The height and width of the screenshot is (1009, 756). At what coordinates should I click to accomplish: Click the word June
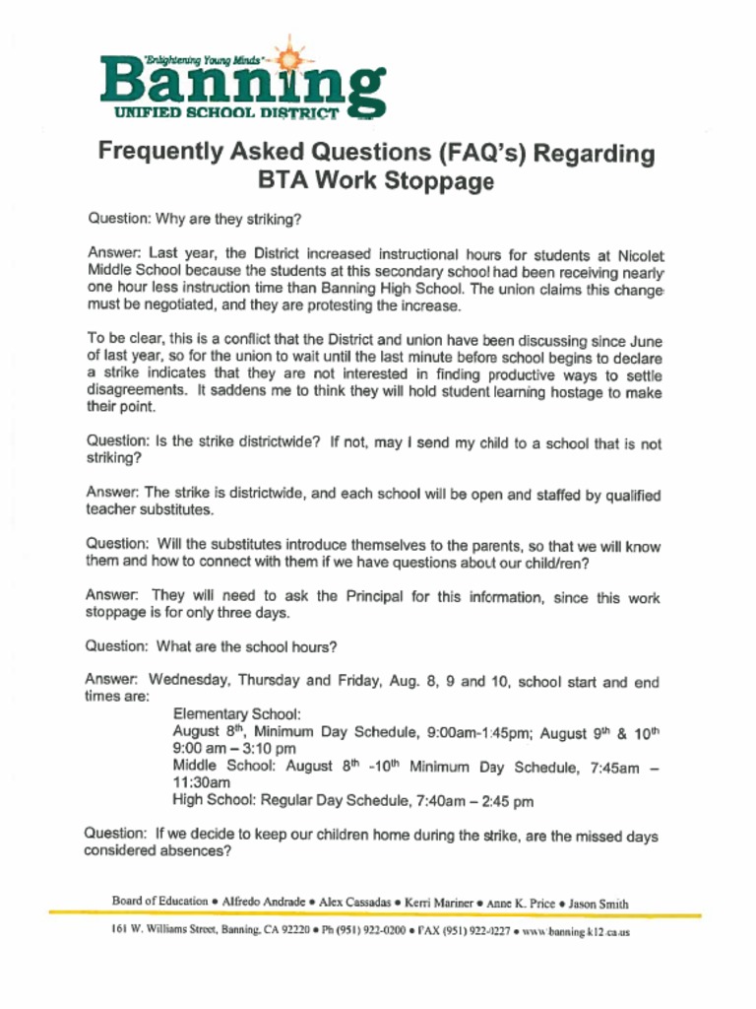click(x=644, y=341)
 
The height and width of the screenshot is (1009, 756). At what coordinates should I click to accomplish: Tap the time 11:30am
click(x=202, y=783)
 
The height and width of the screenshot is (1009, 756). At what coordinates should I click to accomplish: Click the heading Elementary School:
click(x=237, y=714)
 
